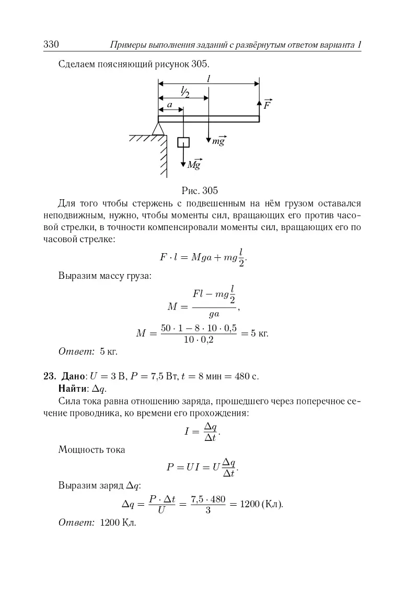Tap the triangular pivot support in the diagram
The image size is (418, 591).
pyautogui.click(x=158, y=128)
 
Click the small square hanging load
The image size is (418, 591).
pyautogui.click(x=183, y=142)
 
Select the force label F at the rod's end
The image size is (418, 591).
pyautogui.click(x=267, y=104)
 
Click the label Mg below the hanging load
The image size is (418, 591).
pyautogui.click(x=194, y=165)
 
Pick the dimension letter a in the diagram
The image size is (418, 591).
pyautogui.click(x=169, y=105)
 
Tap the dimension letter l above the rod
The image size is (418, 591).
pyautogui.click(x=208, y=78)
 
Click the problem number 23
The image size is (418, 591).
pyautogui.click(x=50, y=376)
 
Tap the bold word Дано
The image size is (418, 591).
pyautogui.click(x=72, y=376)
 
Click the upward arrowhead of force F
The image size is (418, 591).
pyautogui.click(x=259, y=99)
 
